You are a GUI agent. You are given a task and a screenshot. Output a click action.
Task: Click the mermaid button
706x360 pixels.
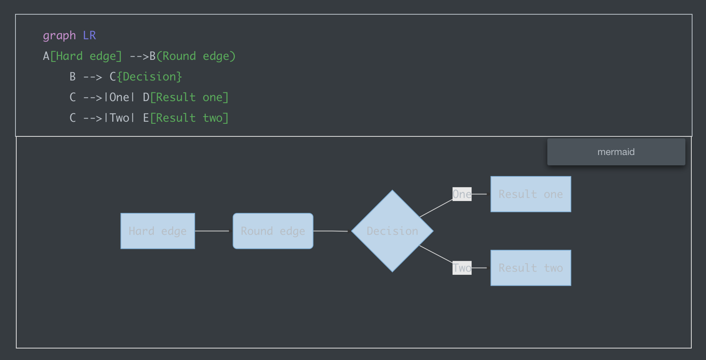(616, 152)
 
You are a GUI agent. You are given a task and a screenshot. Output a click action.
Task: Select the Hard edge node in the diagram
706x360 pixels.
(157, 231)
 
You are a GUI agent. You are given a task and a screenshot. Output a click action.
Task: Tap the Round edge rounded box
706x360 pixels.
(273, 231)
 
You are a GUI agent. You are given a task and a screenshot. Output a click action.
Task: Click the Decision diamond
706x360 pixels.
(392, 231)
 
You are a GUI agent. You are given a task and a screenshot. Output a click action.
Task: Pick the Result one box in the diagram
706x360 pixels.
(531, 194)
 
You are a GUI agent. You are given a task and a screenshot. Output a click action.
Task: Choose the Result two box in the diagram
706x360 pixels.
(531, 268)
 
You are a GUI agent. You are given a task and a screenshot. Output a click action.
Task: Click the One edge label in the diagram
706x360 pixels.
(462, 194)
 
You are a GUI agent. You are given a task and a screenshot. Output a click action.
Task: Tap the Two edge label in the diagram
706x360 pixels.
(462, 268)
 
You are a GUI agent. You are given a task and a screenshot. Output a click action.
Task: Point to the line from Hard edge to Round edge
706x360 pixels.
(212, 231)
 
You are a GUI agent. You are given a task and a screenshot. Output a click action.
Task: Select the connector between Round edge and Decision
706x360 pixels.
(330, 231)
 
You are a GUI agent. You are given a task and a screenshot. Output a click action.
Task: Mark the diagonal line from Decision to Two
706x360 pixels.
(436, 254)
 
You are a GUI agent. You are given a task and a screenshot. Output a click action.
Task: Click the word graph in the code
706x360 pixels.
(59, 36)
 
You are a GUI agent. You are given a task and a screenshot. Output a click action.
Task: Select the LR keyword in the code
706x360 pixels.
(89, 36)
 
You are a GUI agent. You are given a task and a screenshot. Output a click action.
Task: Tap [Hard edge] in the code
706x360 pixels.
(86, 56)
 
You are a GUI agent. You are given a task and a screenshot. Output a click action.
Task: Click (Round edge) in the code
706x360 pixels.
(196, 56)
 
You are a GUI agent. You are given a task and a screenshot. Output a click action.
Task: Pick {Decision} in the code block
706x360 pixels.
(149, 77)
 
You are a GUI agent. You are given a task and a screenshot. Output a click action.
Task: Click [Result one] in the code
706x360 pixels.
(189, 98)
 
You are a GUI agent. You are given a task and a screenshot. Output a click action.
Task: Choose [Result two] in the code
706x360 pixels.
(189, 118)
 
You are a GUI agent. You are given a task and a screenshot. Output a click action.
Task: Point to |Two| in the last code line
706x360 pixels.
(119, 118)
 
